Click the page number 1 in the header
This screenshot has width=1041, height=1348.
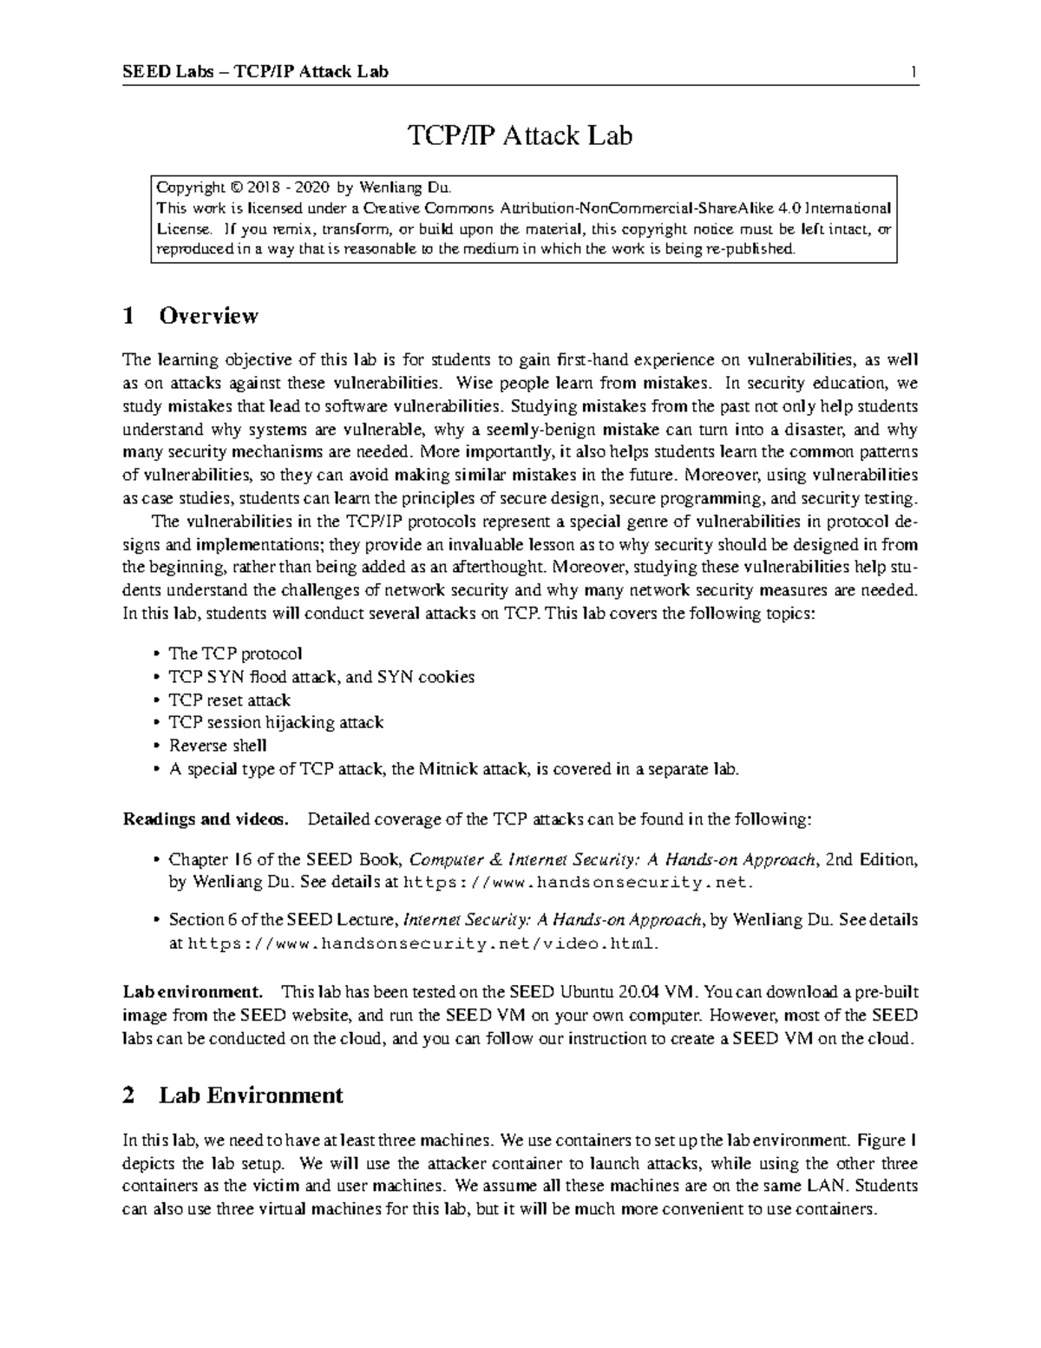click(x=913, y=72)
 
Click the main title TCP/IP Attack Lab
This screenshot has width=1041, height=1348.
click(x=520, y=135)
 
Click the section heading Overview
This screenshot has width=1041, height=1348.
click(x=208, y=315)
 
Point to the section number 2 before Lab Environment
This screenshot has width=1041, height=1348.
click(x=128, y=1095)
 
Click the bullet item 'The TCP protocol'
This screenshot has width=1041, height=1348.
click(x=235, y=654)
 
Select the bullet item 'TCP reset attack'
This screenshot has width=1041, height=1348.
click(x=229, y=700)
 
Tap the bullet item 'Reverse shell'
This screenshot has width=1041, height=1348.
click(x=217, y=746)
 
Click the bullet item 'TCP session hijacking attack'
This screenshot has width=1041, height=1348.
click(x=275, y=722)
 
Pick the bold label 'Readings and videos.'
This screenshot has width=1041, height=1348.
click(x=205, y=819)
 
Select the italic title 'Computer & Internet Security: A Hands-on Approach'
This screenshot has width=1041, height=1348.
click(x=612, y=860)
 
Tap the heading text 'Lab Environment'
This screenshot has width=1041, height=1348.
click(x=251, y=1095)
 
